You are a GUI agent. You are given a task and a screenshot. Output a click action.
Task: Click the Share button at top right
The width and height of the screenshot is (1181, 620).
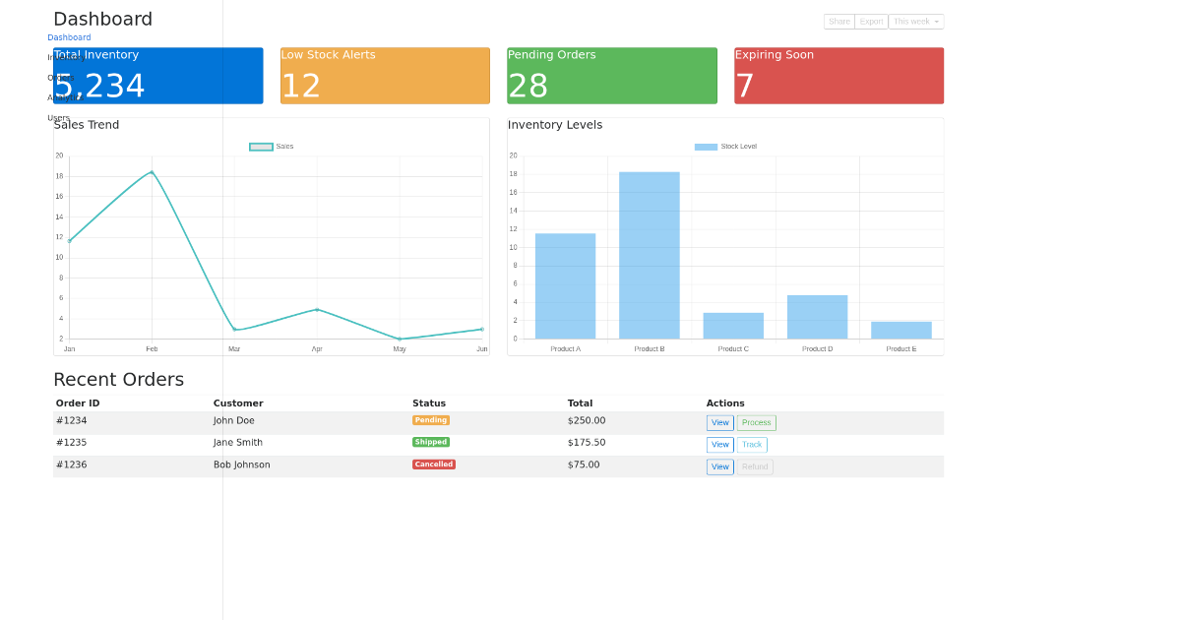(x=839, y=22)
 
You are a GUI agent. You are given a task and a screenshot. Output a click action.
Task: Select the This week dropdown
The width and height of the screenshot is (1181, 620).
(x=915, y=22)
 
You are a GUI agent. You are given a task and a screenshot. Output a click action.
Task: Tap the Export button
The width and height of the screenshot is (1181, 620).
(x=871, y=22)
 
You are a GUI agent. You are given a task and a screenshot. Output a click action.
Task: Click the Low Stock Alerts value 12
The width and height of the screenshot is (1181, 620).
(x=301, y=87)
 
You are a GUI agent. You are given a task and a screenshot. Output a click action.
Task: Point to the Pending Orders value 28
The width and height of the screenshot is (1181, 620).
(x=528, y=87)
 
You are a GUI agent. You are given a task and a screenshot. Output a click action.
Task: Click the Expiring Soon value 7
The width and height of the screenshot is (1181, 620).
(x=744, y=87)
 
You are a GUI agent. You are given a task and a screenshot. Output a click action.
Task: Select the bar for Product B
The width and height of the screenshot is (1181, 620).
(x=649, y=255)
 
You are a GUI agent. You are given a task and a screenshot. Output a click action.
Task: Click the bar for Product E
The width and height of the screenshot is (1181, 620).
(x=901, y=330)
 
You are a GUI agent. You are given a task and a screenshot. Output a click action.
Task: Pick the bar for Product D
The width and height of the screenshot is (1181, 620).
(x=817, y=317)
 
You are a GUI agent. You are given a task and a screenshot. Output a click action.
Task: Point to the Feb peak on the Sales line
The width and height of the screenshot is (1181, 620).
(x=152, y=172)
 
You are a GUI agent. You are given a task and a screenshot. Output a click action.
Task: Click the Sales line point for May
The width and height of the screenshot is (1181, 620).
(x=400, y=339)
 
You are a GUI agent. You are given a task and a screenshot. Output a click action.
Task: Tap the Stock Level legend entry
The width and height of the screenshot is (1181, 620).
(x=725, y=147)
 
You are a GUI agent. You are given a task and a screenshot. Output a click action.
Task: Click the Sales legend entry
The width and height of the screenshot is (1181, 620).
(x=272, y=147)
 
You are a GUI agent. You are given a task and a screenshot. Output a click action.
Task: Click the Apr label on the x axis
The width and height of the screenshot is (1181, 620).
(x=317, y=349)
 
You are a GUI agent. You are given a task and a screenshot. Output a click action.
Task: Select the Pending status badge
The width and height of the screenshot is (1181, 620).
(x=430, y=420)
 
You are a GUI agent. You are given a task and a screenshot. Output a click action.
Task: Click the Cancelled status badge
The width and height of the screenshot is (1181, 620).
(x=433, y=465)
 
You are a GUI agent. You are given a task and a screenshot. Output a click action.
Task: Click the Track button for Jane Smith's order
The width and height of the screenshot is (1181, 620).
(x=752, y=445)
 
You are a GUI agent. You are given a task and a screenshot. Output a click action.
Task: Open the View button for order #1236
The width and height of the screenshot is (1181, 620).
(x=719, y=467)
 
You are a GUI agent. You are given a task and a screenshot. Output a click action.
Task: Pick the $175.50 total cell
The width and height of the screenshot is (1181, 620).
(x=587, y=443)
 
